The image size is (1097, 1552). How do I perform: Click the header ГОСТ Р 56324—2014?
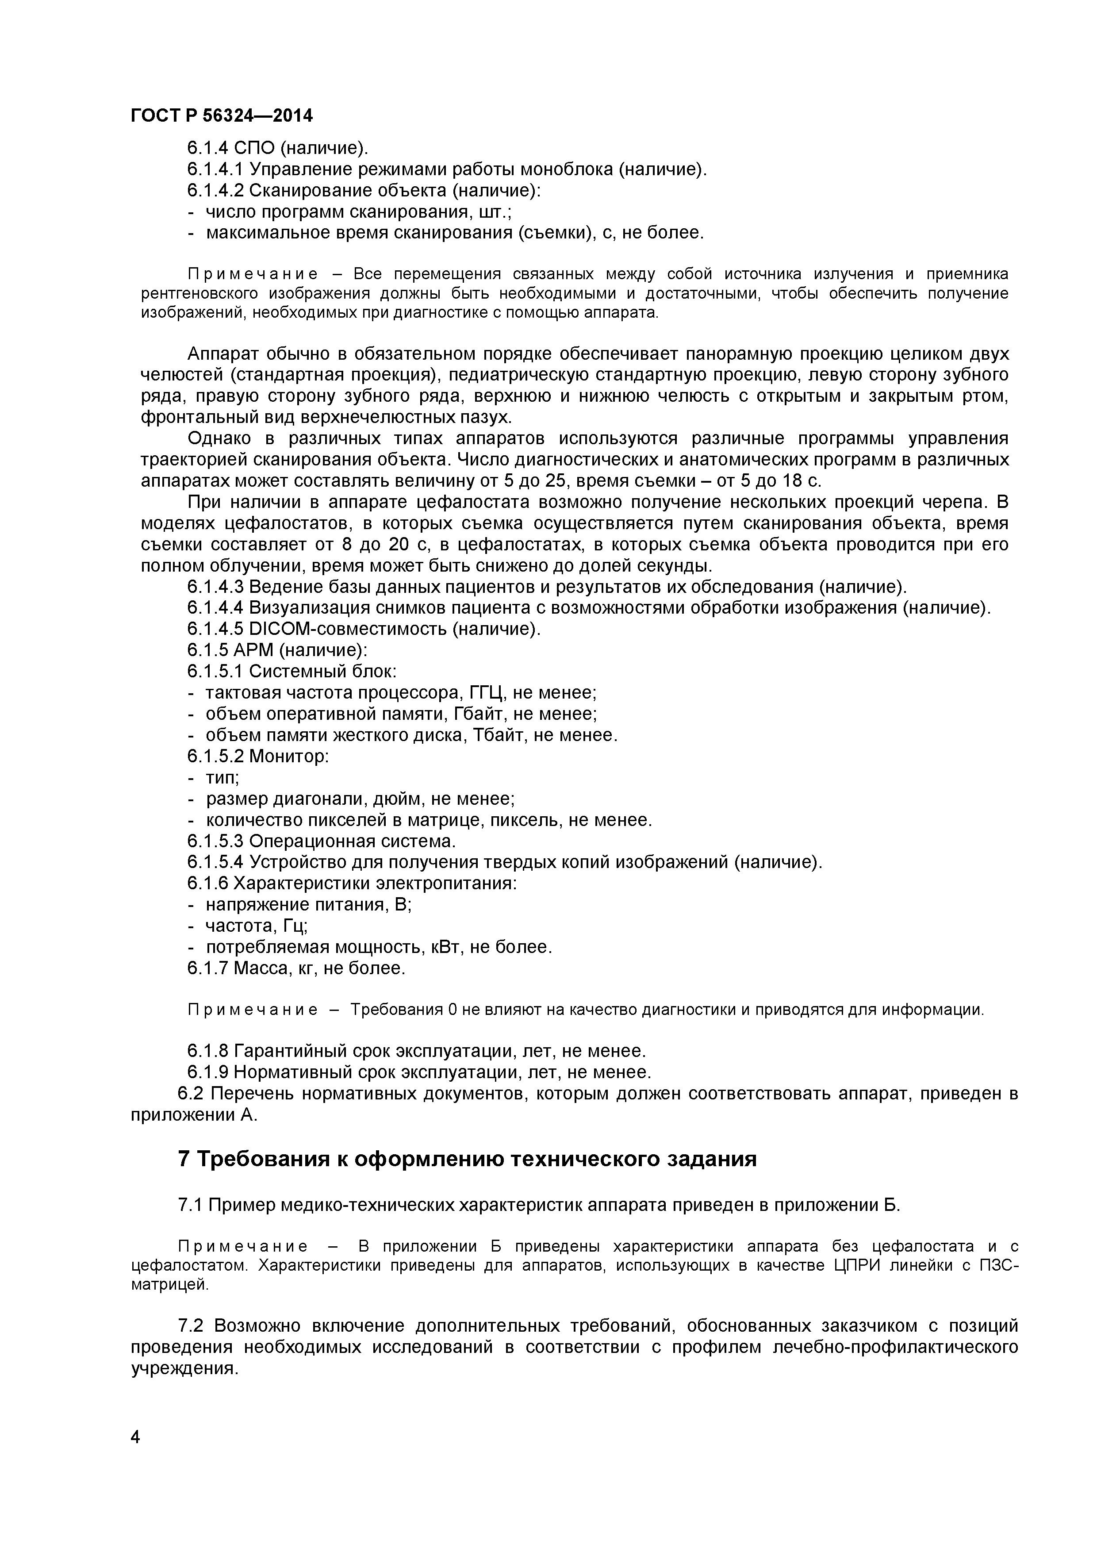(222, 115)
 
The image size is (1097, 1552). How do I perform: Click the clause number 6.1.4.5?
(215, 629)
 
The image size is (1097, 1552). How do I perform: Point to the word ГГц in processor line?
(488, 692)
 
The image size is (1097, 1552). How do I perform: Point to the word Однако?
(221, 439)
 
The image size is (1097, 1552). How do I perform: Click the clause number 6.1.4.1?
(215, 169)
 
